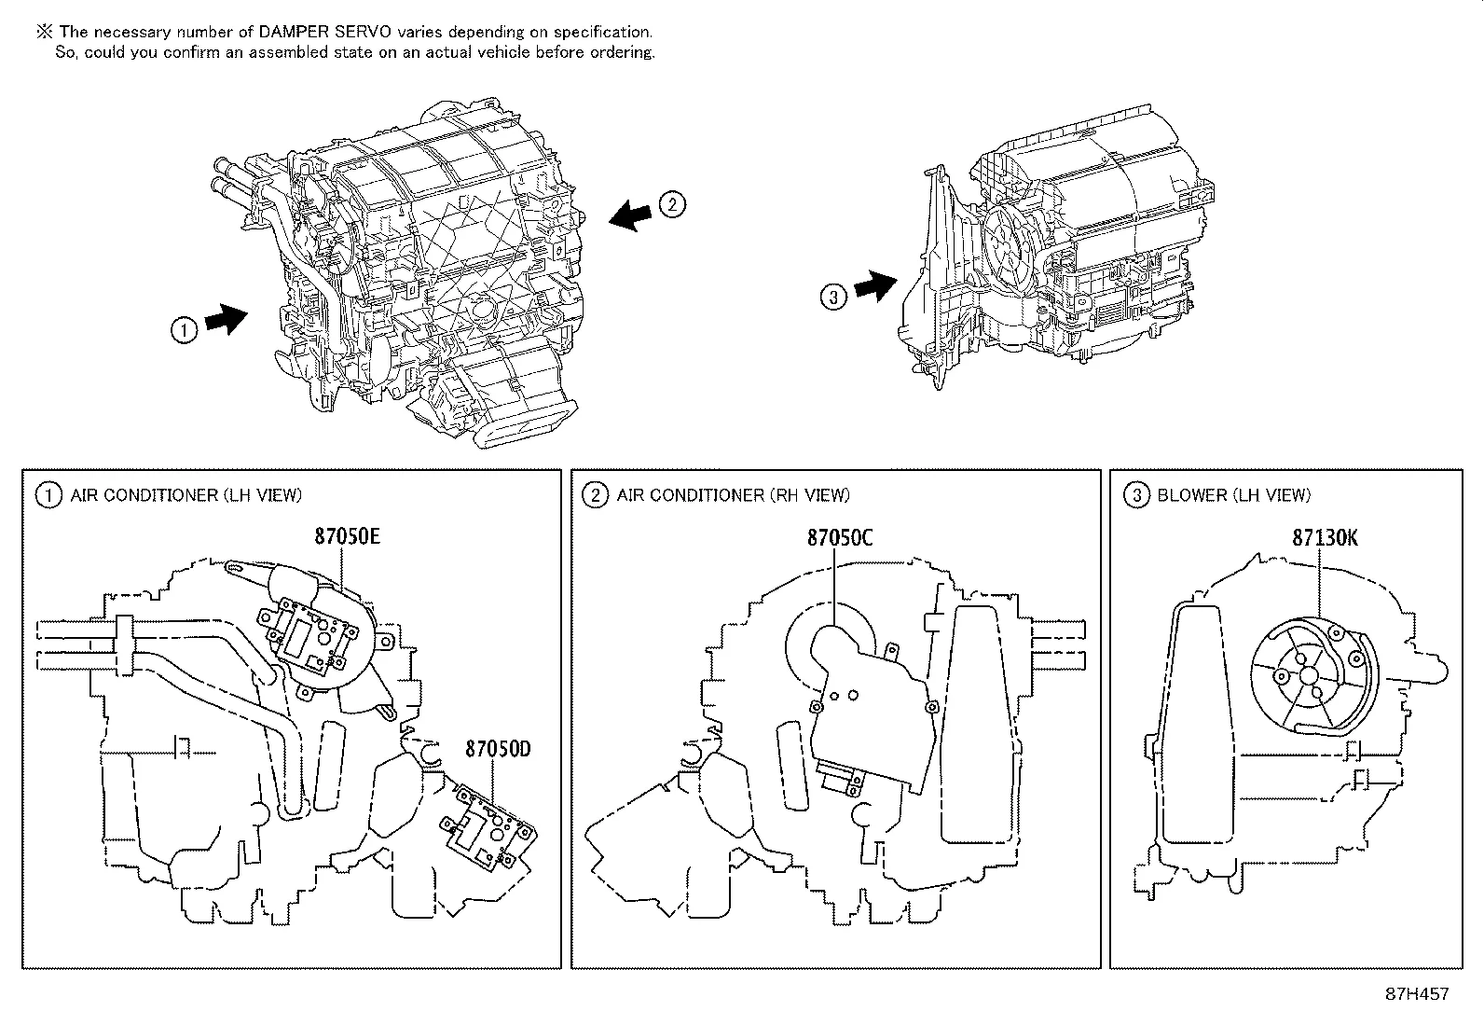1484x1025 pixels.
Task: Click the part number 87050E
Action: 347,538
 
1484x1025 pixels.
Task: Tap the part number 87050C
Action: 840,538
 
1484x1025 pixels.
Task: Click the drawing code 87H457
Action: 1418,994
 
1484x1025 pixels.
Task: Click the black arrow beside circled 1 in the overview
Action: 225,319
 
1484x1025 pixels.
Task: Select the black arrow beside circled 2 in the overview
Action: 632,215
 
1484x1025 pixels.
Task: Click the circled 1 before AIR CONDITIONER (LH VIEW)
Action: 48,495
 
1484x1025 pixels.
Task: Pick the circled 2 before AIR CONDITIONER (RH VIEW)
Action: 595,495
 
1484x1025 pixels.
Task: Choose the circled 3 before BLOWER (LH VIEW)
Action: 1135,495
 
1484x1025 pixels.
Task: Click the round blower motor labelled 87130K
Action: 1308,673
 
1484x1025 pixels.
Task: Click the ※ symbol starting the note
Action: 44,32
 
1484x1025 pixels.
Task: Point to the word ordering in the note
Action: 622,52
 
